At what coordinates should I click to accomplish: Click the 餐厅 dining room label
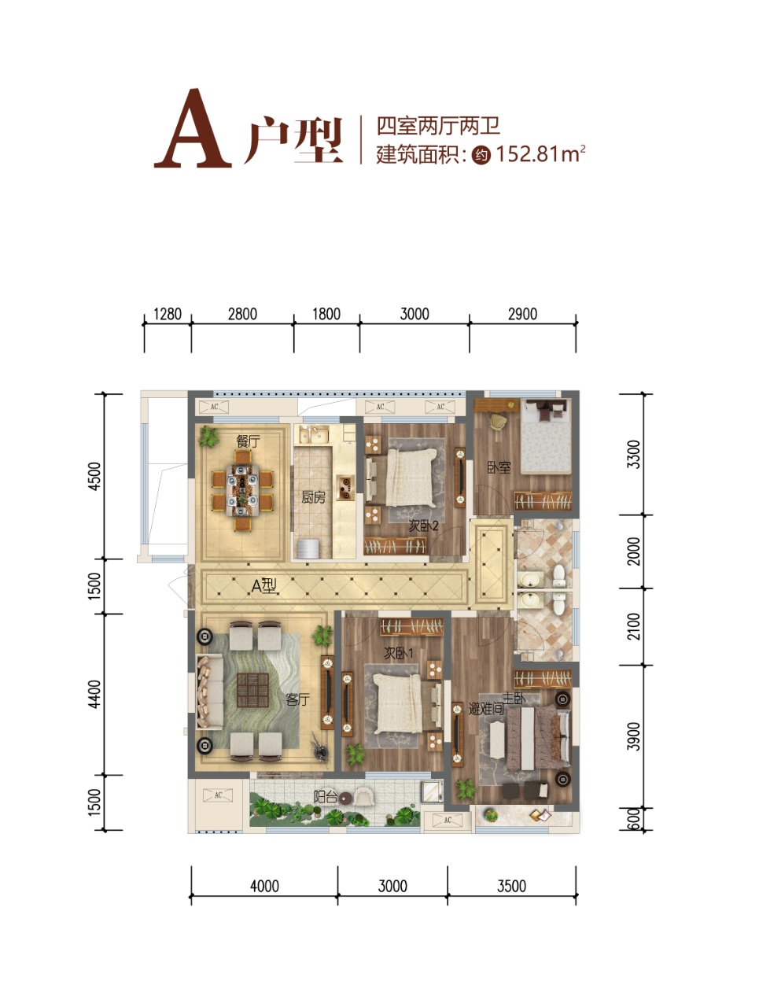pyautogui.click(x=248, y=441)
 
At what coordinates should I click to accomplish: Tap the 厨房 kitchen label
pyautogui.click(x=313, y=497)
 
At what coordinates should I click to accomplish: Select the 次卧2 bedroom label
pyautogui.click(x=423, y=526)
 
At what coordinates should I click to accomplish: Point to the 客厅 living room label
pyautogui.click(x=297, y=699)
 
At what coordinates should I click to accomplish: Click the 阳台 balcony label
pyautogui.click(x=325, y=797)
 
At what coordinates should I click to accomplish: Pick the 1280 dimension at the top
pyautogui.click(x=168, y=314)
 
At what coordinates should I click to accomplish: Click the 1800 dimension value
pyautogui.click(x=326, y=314)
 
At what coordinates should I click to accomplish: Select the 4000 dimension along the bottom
pyautogui.click(x=264, y=886)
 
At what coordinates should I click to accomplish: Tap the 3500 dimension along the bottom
pyautogui.click(x=511, y=886)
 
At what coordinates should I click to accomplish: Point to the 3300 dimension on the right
pyautogui.click(x=633, y=454)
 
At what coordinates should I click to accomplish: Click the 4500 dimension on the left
pyautogui.click(x=94, y=476)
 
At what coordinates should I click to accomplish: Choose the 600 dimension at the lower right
pyautogui.click(x=632, y=819)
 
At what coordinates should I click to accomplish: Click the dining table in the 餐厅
pyautogui.click(x=241, y=490)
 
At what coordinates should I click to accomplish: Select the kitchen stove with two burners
pyautogui.click(x=345, y=488)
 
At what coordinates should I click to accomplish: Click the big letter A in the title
pyautogui.click(x=193, y=128)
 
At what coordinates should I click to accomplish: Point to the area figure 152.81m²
pyautogui.click(x=540, y=154)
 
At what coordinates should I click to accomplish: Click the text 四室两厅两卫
pyautogui.click(x=438, y=126)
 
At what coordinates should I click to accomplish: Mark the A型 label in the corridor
pyautogui.click(x=263, y=586)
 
